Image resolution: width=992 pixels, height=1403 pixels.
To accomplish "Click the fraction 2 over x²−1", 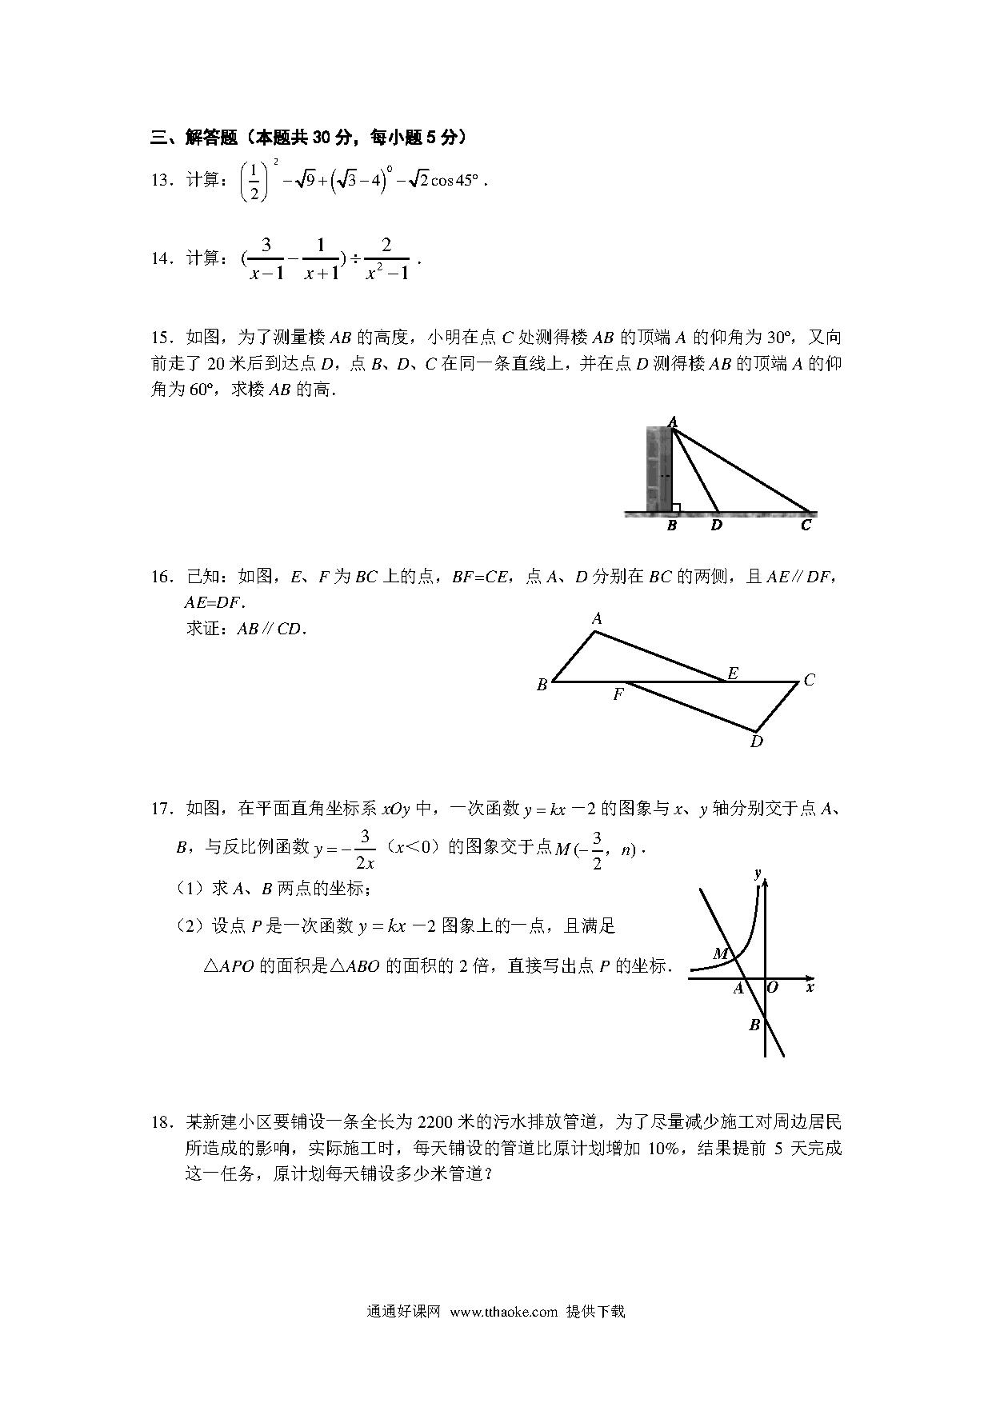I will point(387,258).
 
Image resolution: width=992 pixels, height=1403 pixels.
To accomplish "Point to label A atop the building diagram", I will point(672,422).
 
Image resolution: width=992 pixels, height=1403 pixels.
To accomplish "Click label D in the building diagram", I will point(716,526).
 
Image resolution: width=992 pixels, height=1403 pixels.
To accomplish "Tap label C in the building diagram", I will point(806,526).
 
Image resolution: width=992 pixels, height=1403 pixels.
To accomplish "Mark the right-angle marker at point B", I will point(676,507).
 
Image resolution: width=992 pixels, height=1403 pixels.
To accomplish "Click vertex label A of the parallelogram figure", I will point(597,618).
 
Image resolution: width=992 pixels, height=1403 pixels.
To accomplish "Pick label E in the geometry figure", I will point(732,673).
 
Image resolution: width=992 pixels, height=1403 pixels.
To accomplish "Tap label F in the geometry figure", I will point(618,695).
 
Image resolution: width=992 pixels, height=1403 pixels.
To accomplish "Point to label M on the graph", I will point(720,953).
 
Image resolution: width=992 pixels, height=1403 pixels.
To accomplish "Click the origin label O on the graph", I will point(772,988).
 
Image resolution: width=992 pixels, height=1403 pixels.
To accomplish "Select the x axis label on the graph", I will point(810,988).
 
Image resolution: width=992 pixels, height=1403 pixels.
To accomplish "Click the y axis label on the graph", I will point(757,873).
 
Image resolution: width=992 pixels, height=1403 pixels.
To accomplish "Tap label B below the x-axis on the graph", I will point(754,1025).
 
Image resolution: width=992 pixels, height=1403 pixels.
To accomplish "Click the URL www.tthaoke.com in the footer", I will point(503,1312).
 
